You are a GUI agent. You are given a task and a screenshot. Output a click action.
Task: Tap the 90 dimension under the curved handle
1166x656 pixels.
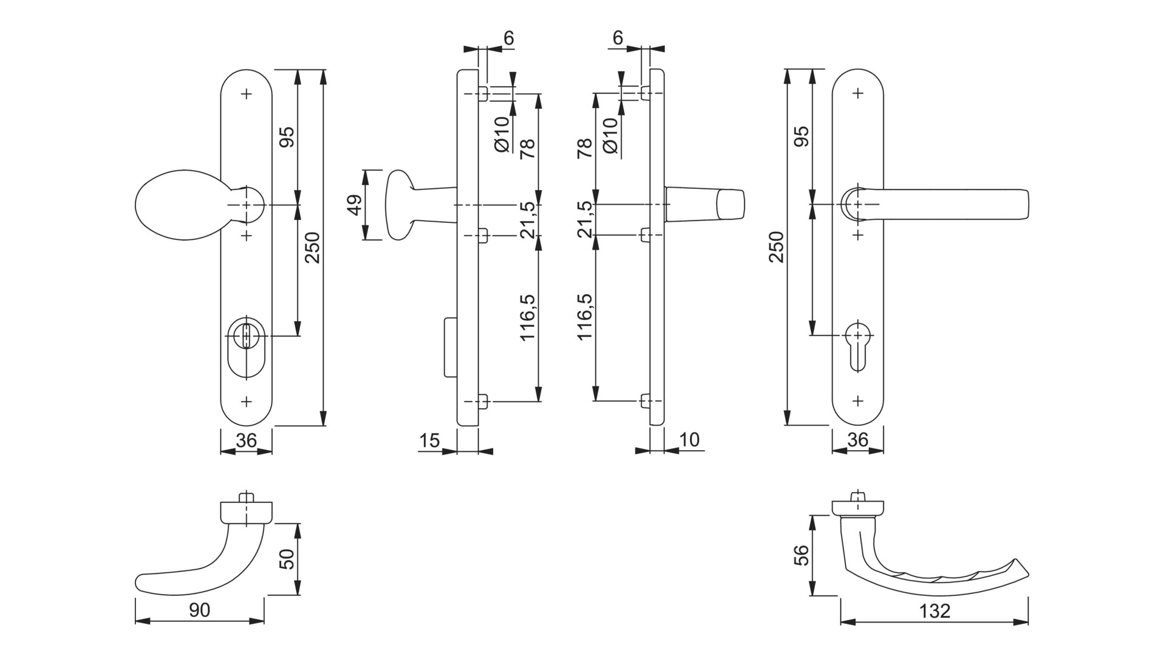199,610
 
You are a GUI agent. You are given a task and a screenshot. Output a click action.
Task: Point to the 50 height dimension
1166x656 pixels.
287,559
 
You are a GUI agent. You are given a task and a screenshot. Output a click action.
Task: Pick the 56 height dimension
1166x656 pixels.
802,555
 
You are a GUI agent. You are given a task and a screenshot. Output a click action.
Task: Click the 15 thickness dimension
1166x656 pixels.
429,440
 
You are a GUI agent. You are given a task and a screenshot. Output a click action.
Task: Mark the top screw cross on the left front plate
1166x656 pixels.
246,94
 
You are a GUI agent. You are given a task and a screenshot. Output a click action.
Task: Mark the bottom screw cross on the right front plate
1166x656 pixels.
858,401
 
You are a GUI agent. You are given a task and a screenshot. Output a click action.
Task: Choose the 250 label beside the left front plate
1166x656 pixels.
312,248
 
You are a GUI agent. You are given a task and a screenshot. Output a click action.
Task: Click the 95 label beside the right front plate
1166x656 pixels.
801,136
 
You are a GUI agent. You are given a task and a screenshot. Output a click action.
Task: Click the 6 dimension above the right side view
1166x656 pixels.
618,38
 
